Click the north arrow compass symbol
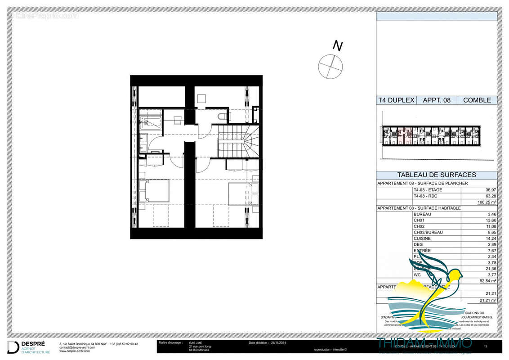tap(330, 66)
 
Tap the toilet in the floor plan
tap(222, 117)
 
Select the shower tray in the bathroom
tap(150, 123)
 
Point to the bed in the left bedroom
tap(154, 191)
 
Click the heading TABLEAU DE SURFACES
tap(436, 175)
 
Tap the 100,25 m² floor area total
tap(486, 202)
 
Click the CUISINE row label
tap(422, 238)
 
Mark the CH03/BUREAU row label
tap(428, 232)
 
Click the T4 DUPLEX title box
tap(396, 100)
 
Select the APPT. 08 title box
tap(436, 100)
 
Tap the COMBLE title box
tap(477, 100)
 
